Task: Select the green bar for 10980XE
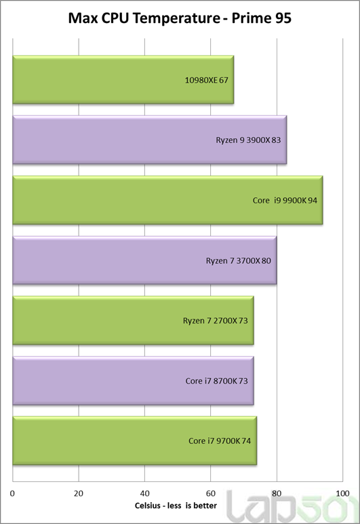[x=123, y=79]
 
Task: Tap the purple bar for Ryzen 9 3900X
[x=149, y=140]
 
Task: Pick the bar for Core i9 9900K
[x=167, y=200]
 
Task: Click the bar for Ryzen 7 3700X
[x=144, y=260]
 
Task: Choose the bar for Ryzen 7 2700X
[x=133, y=321]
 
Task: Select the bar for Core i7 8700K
[x=133, y=381]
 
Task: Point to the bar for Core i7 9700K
[x=135, y=441]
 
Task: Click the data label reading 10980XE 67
[x=207, y=80]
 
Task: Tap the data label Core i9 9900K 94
[x=285, y=201]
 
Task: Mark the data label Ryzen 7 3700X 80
[x=239, y=261]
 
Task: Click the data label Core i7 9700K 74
[x=220, y=441]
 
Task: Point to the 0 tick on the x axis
[x=12, y=493]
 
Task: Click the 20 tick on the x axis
[x=79, y=493]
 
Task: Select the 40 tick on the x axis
[x=144, y=493]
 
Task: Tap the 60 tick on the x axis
[x=211, y=493]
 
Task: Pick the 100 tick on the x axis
[x=342, y=493]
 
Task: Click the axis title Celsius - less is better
[x=176, y=506]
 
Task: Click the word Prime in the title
[x=251, y=18]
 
